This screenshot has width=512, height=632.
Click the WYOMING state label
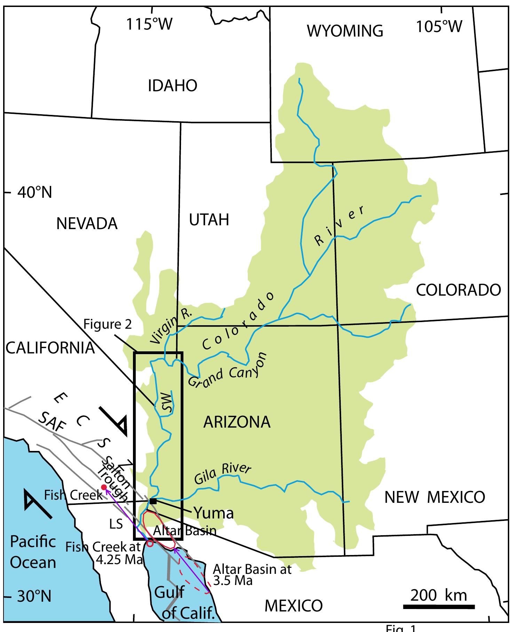(x=345, y=31)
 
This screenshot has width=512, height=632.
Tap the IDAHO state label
(x=172, y=86)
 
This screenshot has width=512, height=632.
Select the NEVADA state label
(x=87, y=224)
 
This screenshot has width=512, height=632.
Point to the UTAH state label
(x=209, y=220)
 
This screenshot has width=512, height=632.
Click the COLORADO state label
(x=458, y=290)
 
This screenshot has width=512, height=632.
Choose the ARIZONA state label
(x=237, y=422)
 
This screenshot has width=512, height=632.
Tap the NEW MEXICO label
(x=434, y=497)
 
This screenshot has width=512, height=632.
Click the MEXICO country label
(x=293, y=606)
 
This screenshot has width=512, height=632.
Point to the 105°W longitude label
(x=439, y=26)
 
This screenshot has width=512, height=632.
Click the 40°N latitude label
(x=34, y=192)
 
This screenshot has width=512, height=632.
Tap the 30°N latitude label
(x=34, y=596)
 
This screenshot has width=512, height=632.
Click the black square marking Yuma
(x=153, y=501)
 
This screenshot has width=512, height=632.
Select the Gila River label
(x=222, y=474)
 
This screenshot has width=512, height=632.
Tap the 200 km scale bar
(x=439, y=607)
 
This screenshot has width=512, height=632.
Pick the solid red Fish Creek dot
(x=103, y=487)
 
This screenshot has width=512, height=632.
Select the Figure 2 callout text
(x=108, y=324)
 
